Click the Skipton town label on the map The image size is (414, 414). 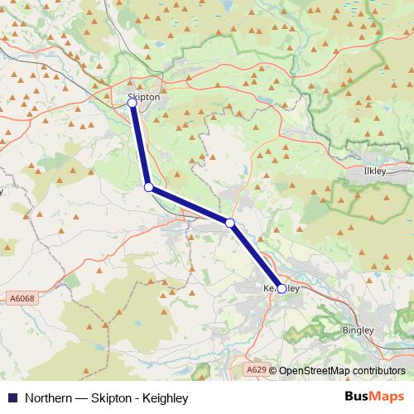tap(144, 97)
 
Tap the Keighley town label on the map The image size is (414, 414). tap(280, 287)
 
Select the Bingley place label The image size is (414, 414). tap(358, 330)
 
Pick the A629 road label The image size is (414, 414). tap(258, 370)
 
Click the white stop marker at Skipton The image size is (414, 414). tap(132, 103)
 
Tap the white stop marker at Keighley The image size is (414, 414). tap(282, 289)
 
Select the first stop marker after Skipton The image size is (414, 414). tap(149, 188)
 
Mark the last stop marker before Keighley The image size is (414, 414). tap(230, 222)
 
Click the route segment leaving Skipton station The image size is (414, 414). tap(141, 146)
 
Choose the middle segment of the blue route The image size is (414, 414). tap(190, 205)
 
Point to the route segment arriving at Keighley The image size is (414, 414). tap(257, 256)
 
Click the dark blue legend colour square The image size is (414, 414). tap(12, 397)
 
